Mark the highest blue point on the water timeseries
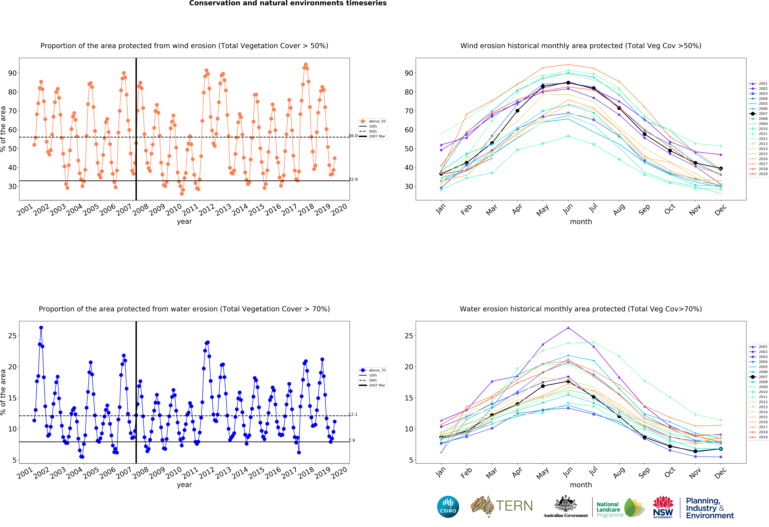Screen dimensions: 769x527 [41, 327]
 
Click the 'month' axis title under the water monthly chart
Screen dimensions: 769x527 [581, 485]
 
